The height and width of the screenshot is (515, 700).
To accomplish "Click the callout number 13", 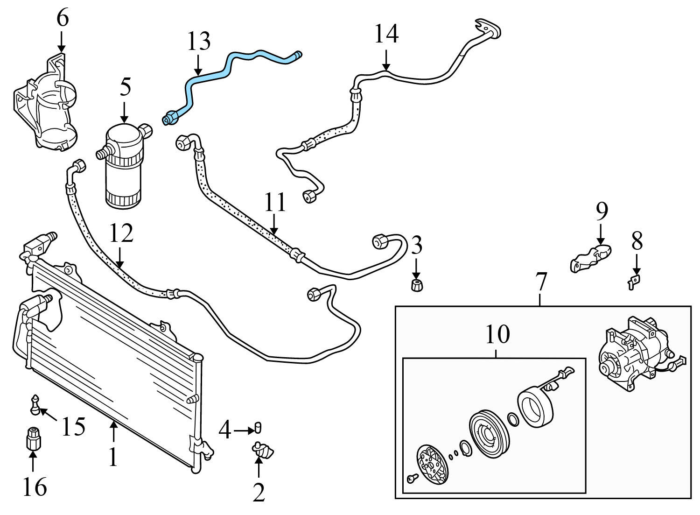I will tap(199, 42).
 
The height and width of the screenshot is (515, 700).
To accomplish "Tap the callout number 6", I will tap(63, 18).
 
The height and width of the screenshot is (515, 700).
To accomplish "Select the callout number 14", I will tap(386, 34).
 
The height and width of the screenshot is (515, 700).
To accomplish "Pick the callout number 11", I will tap(275, 202).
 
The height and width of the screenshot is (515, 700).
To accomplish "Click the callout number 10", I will tap(497, 334).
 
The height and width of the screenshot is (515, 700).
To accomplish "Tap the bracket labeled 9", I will tap(590, 259).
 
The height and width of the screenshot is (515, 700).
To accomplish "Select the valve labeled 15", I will tap(35, 405).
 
